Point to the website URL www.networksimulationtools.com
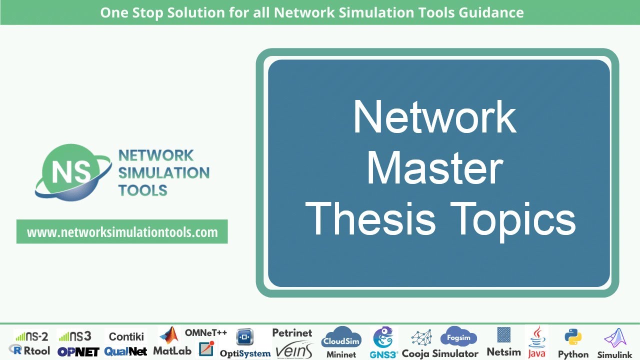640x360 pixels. click(x=122, y=232)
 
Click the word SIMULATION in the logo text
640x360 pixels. click(x=163, y=173)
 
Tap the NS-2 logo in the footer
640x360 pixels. click(x=31, y=336)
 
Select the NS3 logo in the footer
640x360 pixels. click(x=74, y=336)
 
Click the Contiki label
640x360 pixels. click(x=126, y=336)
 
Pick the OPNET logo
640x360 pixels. click(x=78, y=351)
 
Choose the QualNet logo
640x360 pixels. click(x=125, y=351)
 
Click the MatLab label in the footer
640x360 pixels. click(x=172, y=351)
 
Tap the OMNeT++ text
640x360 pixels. click(x=206, y=332)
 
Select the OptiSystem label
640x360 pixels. click(x=245, y=353)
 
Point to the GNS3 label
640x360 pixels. click(x=384, y=354)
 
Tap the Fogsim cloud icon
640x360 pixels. click(x=458, y=337)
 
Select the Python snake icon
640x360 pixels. click(x=573, y=337)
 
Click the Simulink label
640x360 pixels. click(x=614, y=354)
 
